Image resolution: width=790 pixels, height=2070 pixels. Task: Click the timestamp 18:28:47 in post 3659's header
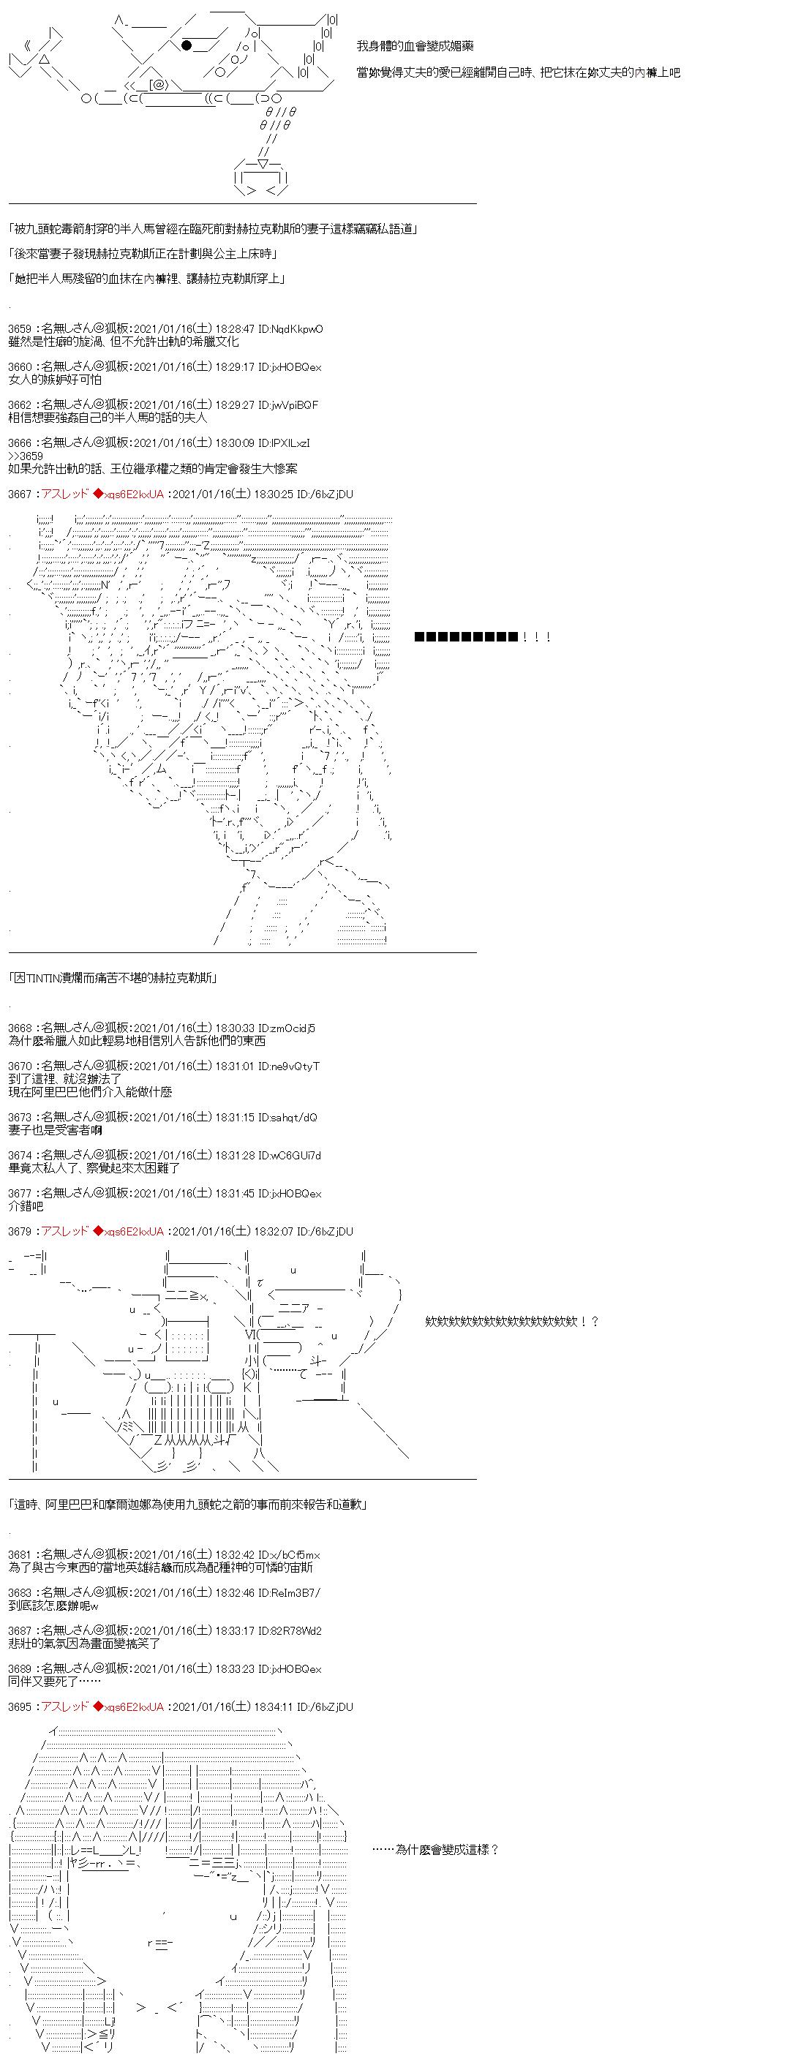[235, 328]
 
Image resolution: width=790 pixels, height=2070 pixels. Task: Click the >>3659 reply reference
[26, 456]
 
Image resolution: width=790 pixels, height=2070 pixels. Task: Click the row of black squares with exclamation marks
[482, 637]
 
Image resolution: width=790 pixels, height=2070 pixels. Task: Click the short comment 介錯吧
[26, 1206]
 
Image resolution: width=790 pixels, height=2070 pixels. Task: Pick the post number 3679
[20, 1231]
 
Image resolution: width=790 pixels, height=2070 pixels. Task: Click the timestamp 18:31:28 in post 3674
[235, 1155]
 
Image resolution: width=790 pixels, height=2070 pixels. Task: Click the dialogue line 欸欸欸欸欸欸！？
[512, 1321]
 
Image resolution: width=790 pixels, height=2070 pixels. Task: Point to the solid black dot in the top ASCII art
[187, 45]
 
